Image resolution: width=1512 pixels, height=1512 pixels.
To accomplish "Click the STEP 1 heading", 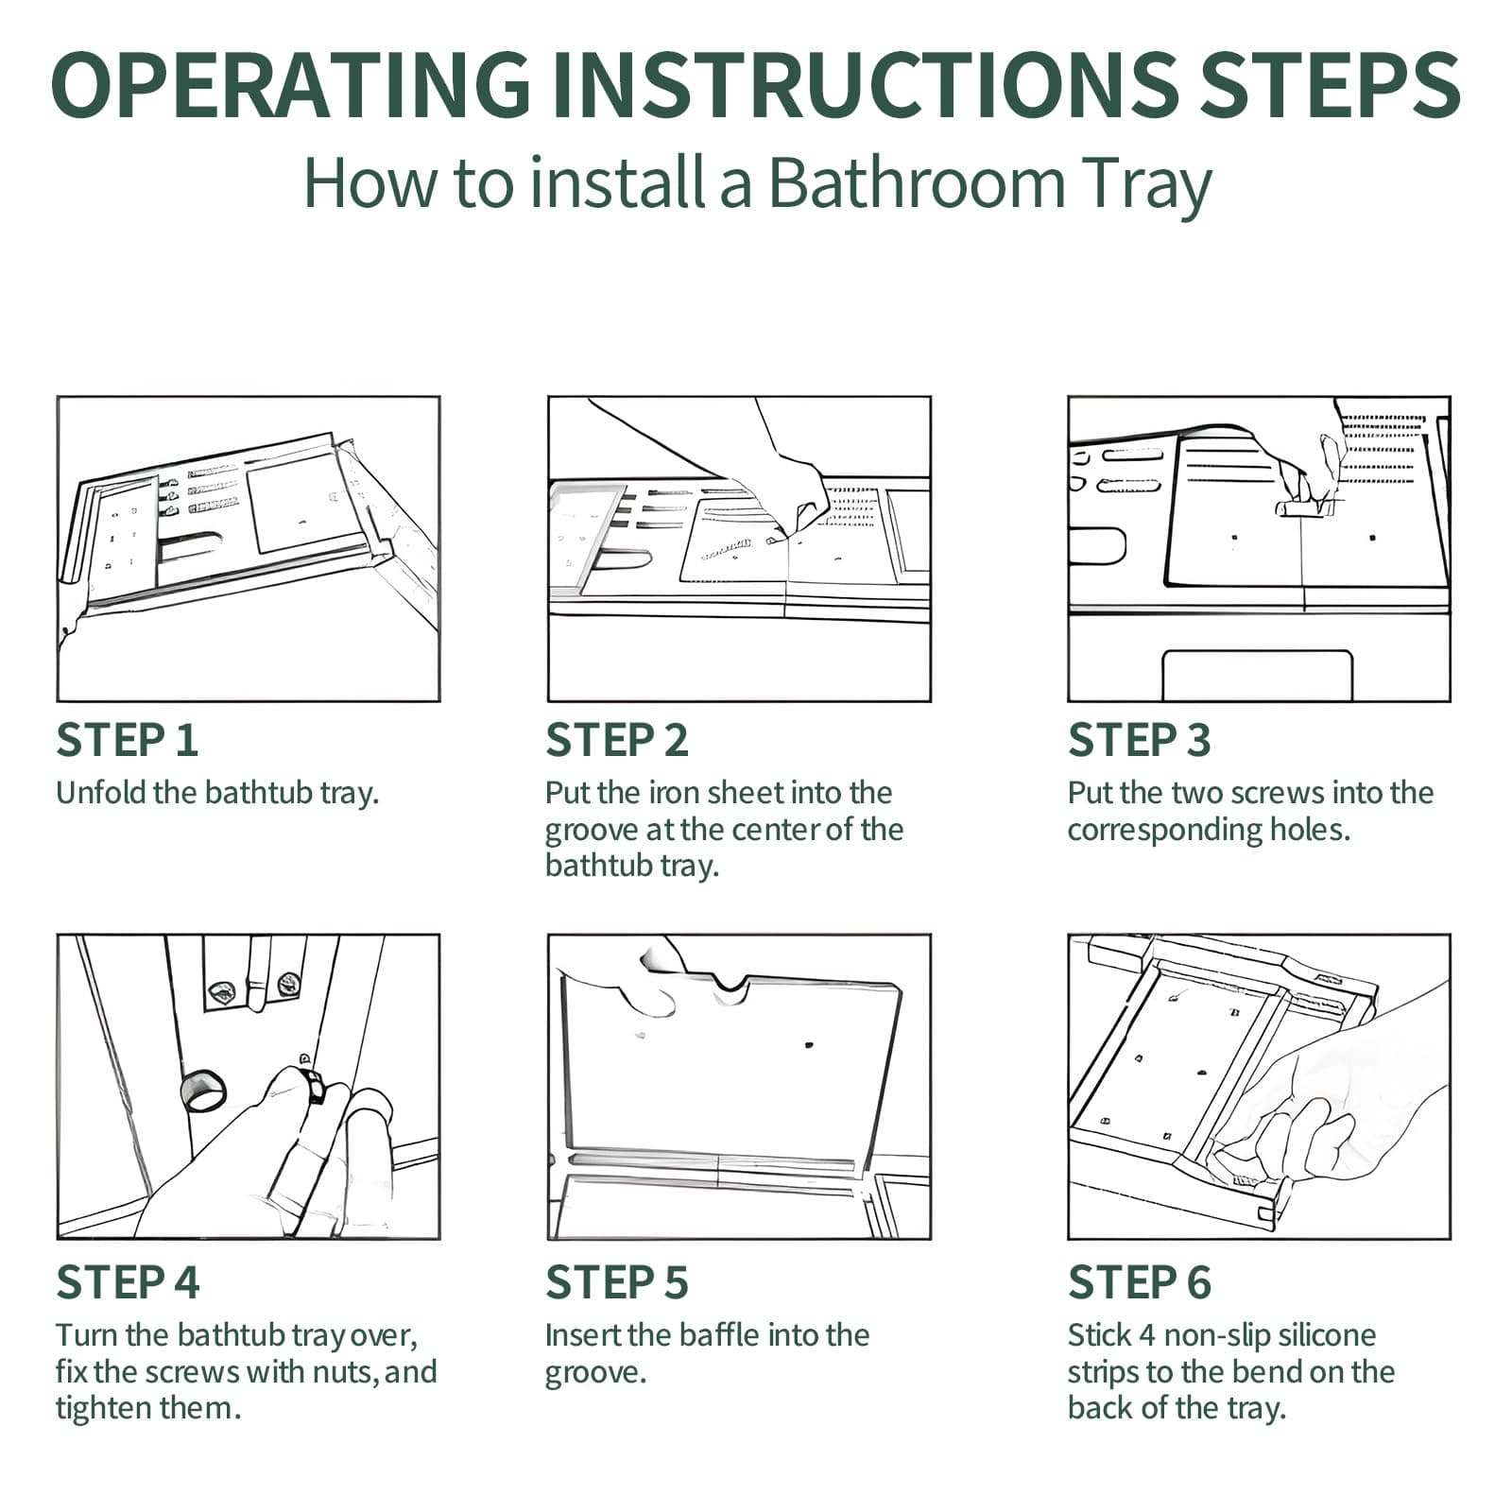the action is coord(127,740).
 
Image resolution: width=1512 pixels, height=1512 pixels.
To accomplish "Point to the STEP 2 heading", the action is coord(616,740).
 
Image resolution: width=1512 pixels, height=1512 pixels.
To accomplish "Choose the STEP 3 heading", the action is coord(1139,740).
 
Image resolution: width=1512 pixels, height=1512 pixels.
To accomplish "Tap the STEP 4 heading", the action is coord(128,1282).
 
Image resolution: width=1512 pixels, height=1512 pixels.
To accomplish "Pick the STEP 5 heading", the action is coord(616,1282).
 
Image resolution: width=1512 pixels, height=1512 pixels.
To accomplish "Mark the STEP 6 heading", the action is coord(1139,1282).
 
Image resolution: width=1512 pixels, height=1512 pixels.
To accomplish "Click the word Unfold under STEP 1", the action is coord(100,792).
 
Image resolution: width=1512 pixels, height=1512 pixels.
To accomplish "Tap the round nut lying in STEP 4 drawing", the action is coord(203,1091).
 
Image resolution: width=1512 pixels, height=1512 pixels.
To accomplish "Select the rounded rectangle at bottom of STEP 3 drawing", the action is coord(1257,675).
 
